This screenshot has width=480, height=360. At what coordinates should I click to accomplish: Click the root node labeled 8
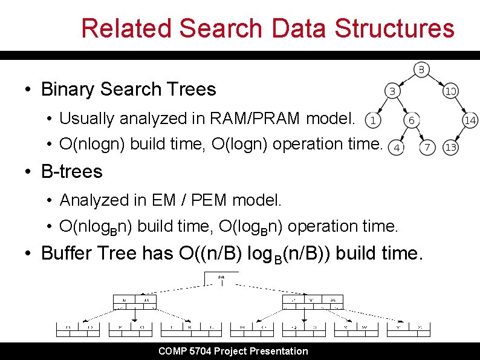click(x=421, y=69)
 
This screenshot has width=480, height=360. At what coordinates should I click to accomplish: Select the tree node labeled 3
click(x=392, y=91)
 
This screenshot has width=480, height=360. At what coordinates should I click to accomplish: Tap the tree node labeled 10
click(x=450, y=91)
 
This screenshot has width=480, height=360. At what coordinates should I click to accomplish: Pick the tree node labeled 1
click(x=373, y=120)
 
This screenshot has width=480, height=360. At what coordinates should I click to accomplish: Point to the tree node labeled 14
click(x=470, y=120)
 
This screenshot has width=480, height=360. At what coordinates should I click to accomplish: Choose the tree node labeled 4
click(x=397, y=147)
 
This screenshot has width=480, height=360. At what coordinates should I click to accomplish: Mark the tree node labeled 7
click(x=427, y=147)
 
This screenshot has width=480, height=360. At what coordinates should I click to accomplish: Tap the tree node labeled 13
click(x=450, y=147)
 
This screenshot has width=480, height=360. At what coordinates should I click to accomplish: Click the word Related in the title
click(x=126, y=28)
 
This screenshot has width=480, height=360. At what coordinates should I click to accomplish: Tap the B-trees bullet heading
click(x=72, y=172)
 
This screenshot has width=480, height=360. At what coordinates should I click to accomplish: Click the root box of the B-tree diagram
click(x=221, y=278)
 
